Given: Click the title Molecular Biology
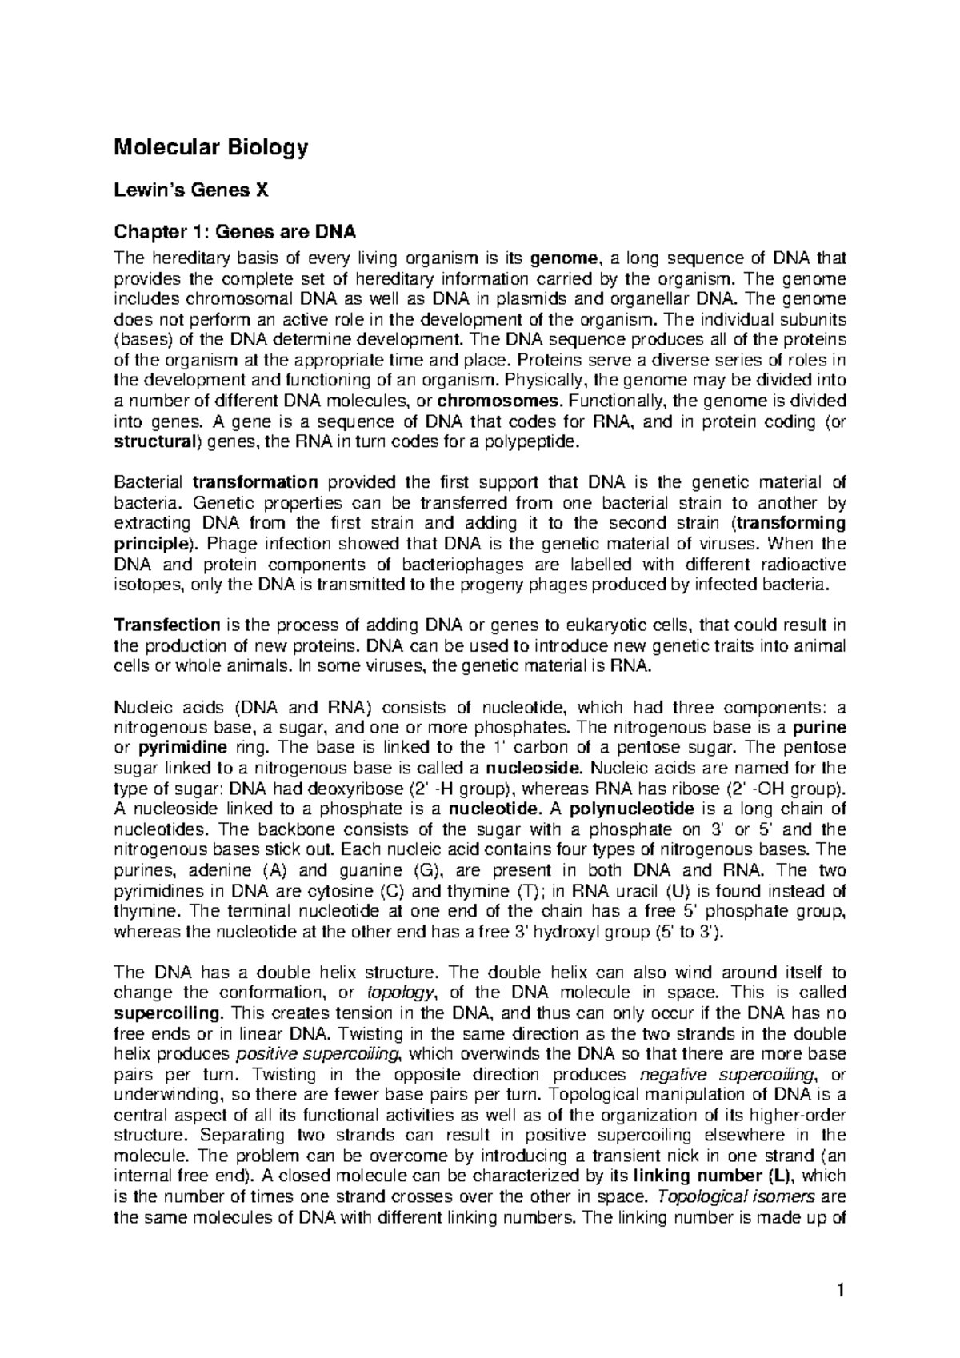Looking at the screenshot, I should [x=211, y=148].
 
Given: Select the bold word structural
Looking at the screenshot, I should [x=153, y=441].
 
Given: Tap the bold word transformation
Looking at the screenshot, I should [x=256, y=482].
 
